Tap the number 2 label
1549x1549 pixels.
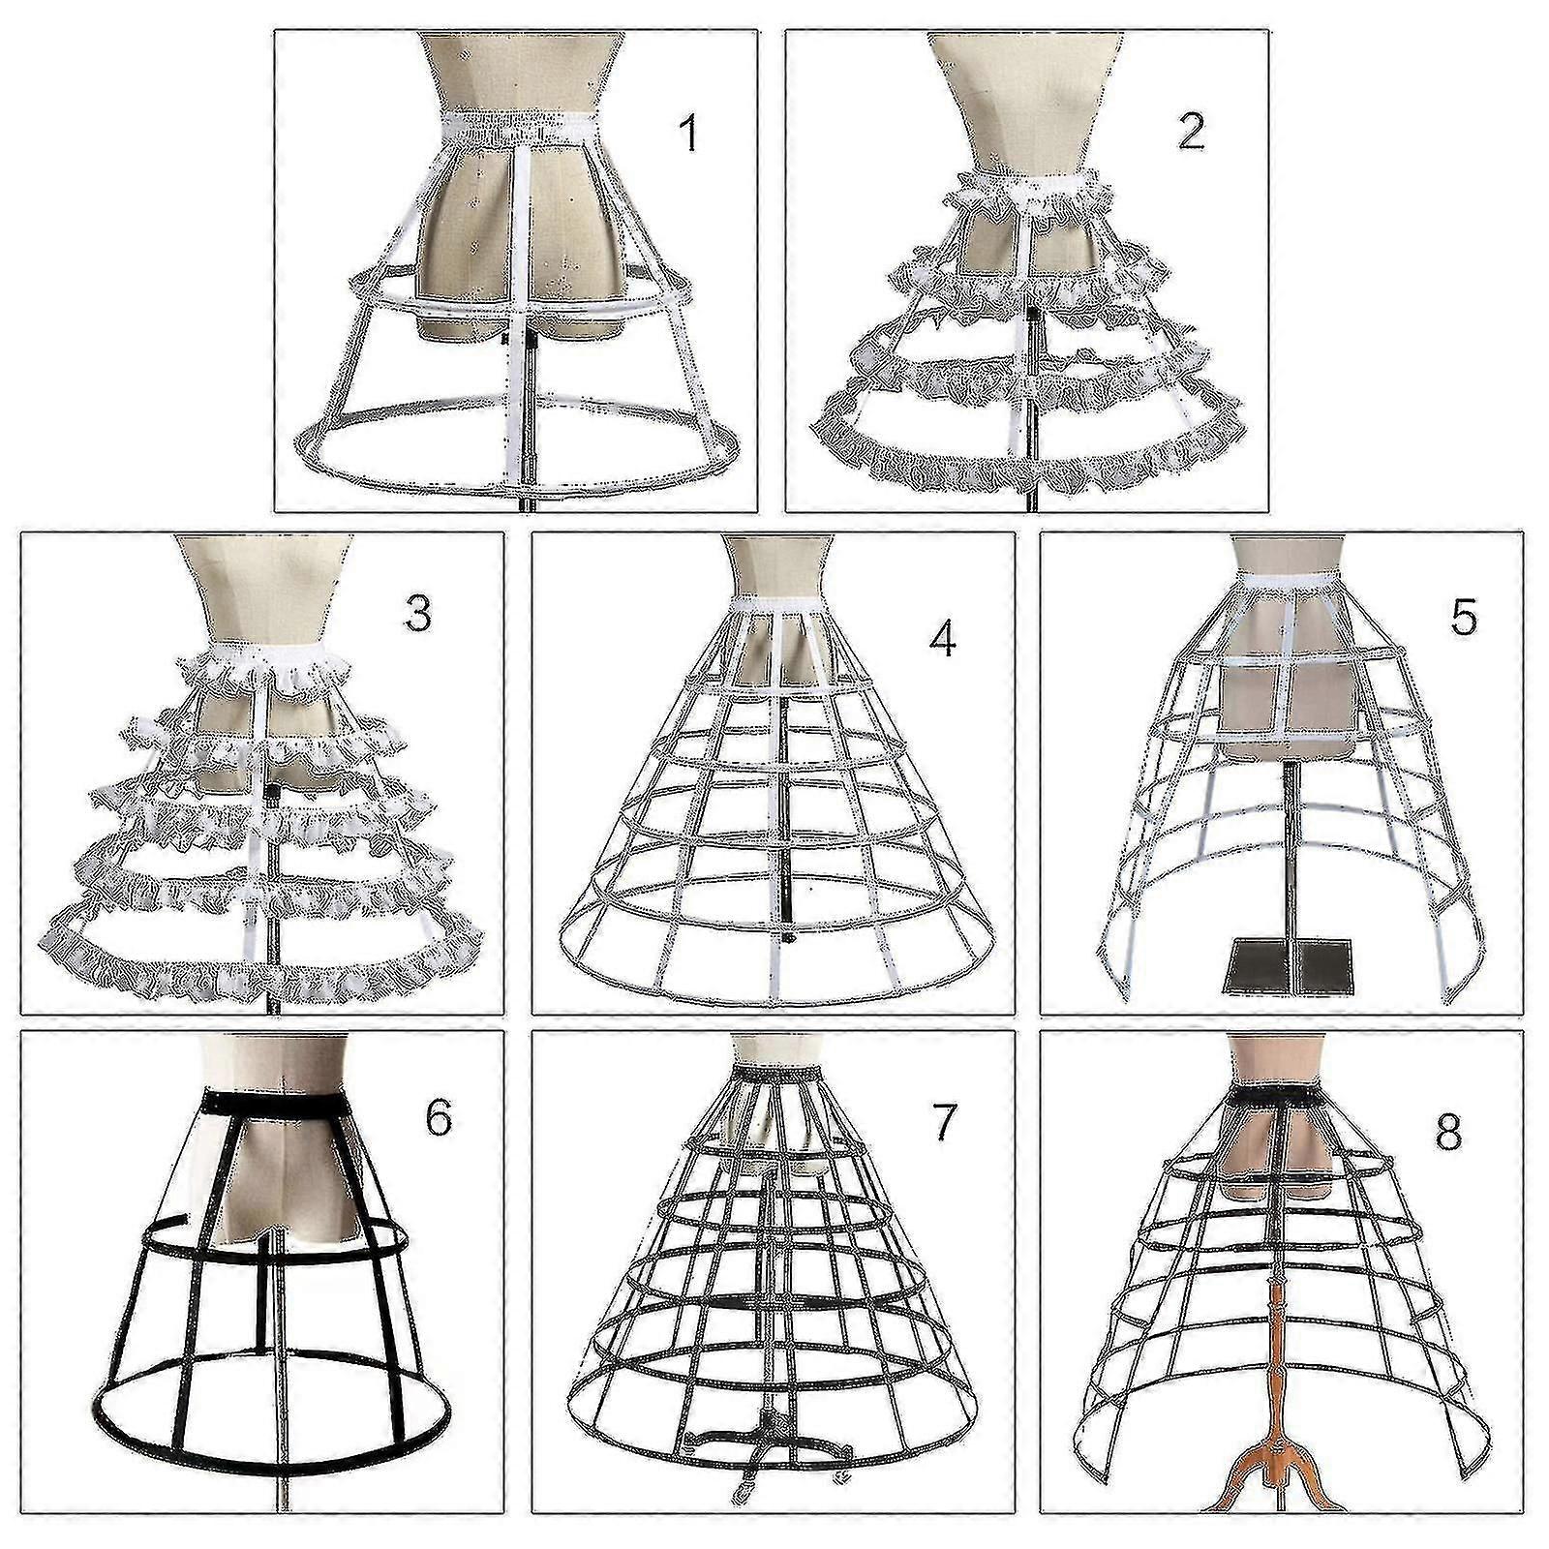[x=1191, y=132]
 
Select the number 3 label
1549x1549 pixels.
[x=417, y=613]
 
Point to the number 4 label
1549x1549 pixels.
[x=941, y=638]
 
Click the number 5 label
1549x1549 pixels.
[x=1463, y=617]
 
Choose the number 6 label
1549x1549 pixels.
[x=438, y=1117]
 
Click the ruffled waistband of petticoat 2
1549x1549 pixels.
[x=1028, y=188]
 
